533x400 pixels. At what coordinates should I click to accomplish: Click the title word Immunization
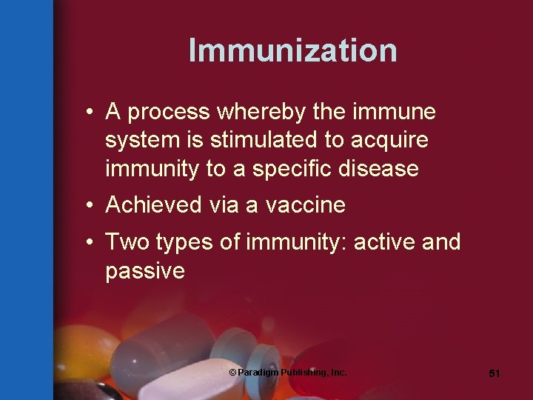(x=292, y=50)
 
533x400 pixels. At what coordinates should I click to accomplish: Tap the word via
(x=227, y=205)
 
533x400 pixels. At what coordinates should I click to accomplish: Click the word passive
(x=145, y=271)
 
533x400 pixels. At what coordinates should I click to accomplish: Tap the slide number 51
(x=495, y=374)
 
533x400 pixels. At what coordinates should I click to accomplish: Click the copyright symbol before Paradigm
(x=232, y=372)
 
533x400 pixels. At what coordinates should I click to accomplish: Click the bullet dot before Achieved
(x=89, y=205)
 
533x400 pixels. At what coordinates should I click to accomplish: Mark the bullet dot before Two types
(x=89, y=241)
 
